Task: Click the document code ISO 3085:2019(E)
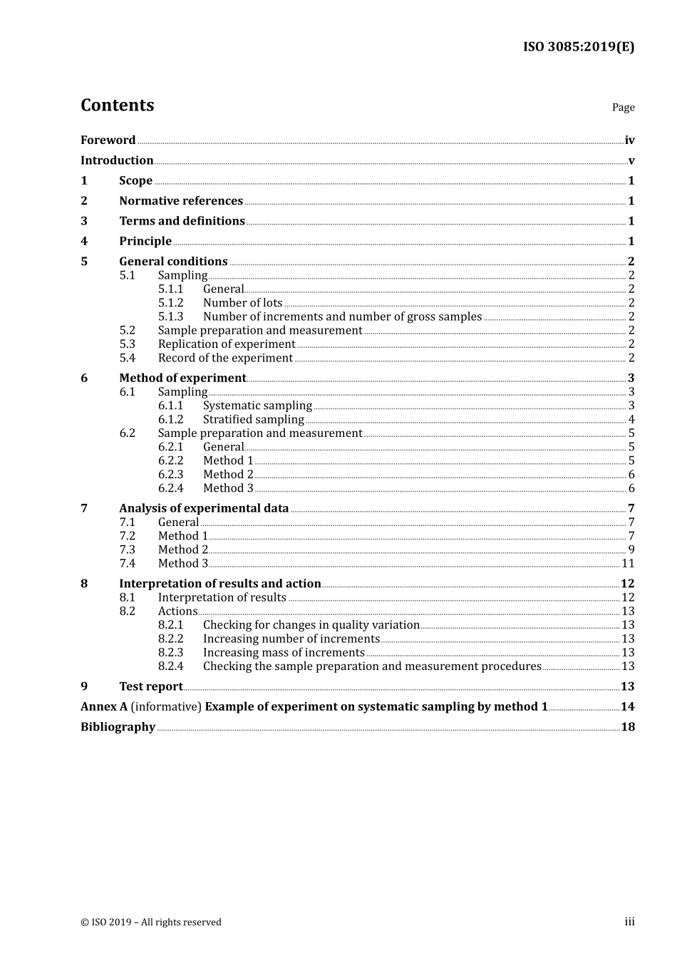578,47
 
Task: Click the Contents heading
117,105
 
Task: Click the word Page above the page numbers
623,108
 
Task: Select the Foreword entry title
108,140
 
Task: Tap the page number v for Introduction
631,161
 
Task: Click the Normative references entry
181,201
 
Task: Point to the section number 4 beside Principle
84,242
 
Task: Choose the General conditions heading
173,262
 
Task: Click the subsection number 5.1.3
170,316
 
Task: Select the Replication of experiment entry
226,344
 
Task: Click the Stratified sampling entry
253,420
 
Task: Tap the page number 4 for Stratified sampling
631,420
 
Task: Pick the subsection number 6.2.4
170,488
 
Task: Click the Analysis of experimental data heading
204,509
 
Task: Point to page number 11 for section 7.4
628,564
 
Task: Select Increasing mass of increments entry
284,653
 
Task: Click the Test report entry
151,687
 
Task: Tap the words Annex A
104,707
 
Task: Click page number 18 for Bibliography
628,727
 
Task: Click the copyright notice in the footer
151,922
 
